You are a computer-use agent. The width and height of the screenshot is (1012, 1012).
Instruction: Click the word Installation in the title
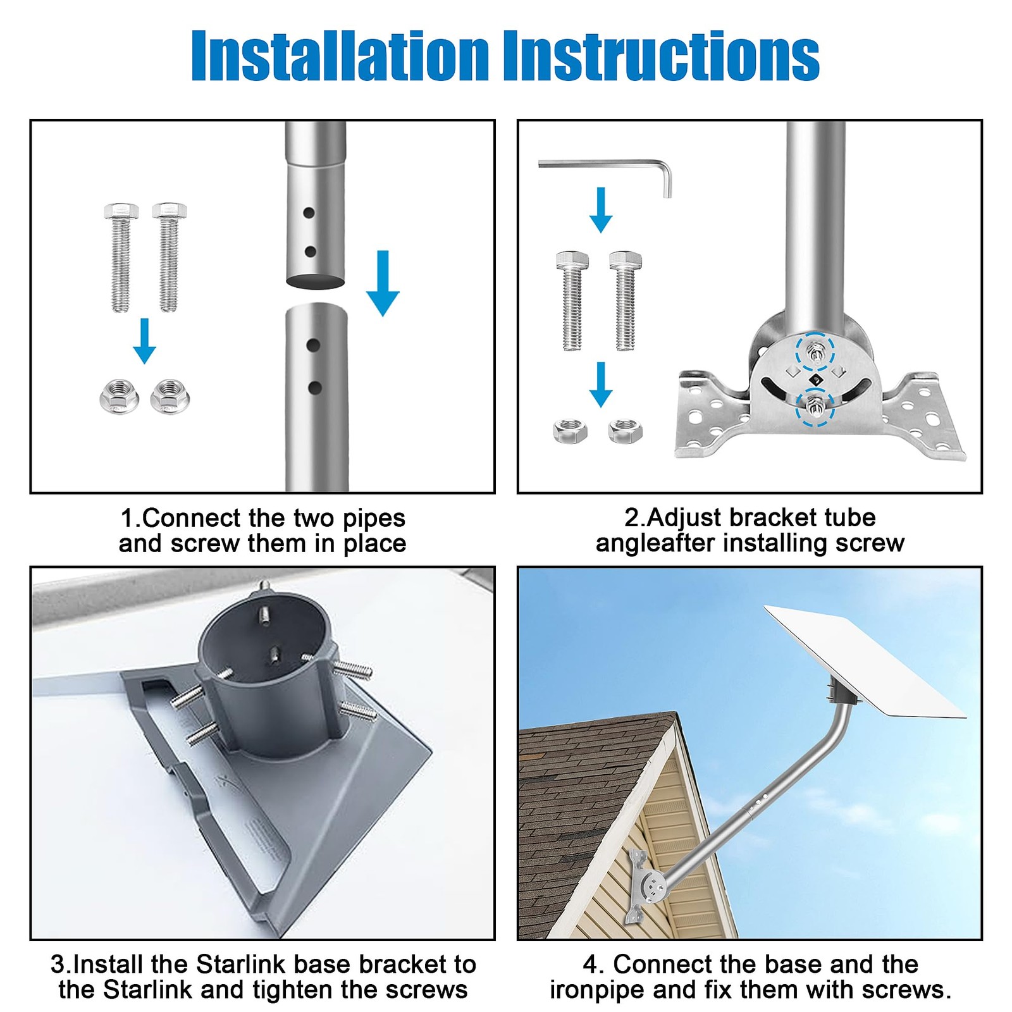click(x=340, y=56)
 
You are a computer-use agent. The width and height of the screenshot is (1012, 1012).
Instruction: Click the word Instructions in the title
click(x=661, y=56)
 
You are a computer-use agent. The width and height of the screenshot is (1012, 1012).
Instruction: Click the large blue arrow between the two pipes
click(x=383, y=283)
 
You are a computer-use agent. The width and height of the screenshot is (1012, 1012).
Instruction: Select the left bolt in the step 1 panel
click(x=121, y=257)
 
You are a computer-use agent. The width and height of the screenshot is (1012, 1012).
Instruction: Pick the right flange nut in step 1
click(x=170, y=397)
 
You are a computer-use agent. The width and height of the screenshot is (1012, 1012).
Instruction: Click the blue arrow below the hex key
click(x=601, y=210)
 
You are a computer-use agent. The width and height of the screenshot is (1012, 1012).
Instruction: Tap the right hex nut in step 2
click(x=625, y=431)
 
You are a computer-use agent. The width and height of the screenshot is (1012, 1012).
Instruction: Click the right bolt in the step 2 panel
click(x=626, y=300)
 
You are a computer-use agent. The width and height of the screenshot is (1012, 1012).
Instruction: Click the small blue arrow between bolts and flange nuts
click(x=145, y=341)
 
